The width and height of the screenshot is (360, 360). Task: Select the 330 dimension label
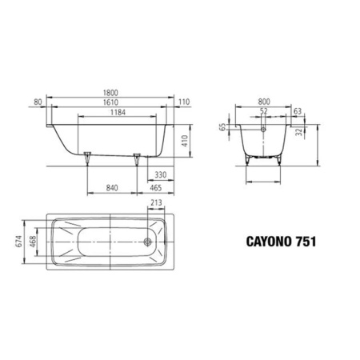(x=161, y=174)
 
